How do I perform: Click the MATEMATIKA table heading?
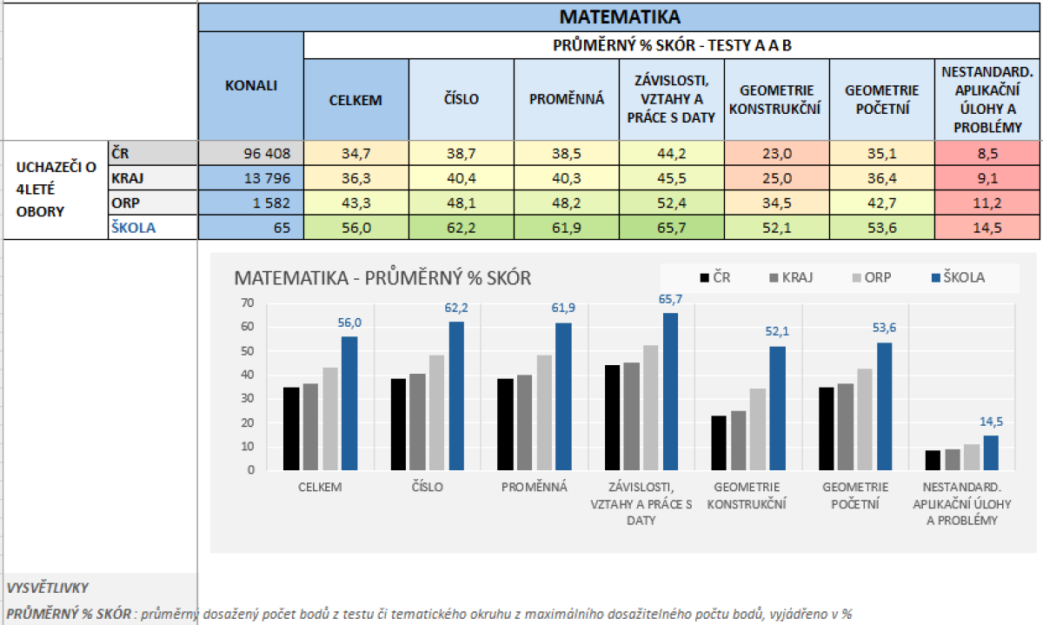tap(619, 17)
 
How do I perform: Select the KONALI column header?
tap(250, 85)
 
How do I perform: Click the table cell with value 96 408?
tap(250, 154)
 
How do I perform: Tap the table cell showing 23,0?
tap(776, 154)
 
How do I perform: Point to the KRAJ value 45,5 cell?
tap(671, 178)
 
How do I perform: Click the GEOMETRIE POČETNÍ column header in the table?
tap(880, 99)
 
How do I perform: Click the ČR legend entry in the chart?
tap(714, 277)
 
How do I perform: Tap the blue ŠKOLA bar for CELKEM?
tap(349, 403)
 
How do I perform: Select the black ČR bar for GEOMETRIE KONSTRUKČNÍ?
tap(719, 442)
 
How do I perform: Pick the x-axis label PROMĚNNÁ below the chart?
tap(534, 487)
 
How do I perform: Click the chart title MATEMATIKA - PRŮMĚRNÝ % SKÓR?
tap(382, 278)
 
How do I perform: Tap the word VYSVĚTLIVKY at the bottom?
tap(48, 588)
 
